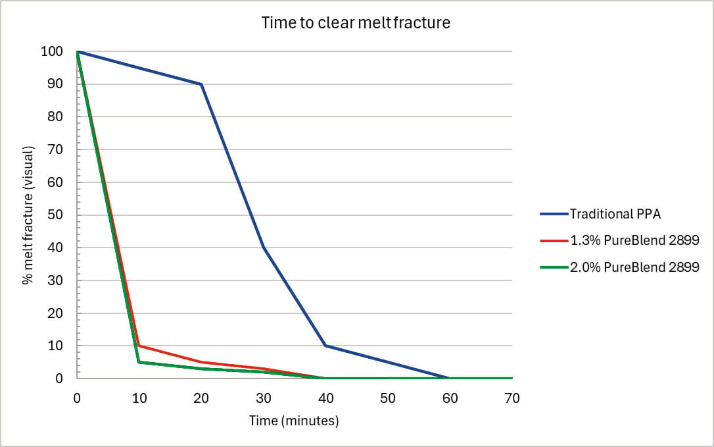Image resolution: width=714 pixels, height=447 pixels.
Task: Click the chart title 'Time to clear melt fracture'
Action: pos(356,22)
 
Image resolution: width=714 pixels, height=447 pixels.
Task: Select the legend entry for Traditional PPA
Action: pos(601,214)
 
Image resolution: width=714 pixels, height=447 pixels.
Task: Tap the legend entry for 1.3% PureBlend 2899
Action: pos(620,240)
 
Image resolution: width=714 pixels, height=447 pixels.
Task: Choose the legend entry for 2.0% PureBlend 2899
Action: pos(620,267)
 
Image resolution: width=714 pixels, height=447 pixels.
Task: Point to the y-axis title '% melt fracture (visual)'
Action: pos(28,215)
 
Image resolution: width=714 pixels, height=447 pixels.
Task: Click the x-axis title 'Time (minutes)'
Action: pos(294,420)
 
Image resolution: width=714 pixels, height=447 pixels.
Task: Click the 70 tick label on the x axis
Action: pos(512,398)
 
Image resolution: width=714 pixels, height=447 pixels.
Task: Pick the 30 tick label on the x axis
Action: pos(264,398)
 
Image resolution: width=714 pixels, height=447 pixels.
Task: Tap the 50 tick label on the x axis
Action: pos(388,398)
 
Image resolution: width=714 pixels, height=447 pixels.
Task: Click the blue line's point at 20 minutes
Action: pos(201,84)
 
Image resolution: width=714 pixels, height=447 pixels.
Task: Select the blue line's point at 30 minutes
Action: pos(264,248)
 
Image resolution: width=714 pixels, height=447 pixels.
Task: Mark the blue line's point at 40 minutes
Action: pos(325,346)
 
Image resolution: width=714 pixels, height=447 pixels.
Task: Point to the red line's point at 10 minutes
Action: pos(139,346)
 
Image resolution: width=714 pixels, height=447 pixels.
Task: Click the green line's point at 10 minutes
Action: pos(139,362)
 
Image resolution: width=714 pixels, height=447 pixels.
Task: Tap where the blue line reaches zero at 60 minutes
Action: pos(450,378)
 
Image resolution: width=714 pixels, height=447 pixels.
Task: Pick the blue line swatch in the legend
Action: pos(554,214)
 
